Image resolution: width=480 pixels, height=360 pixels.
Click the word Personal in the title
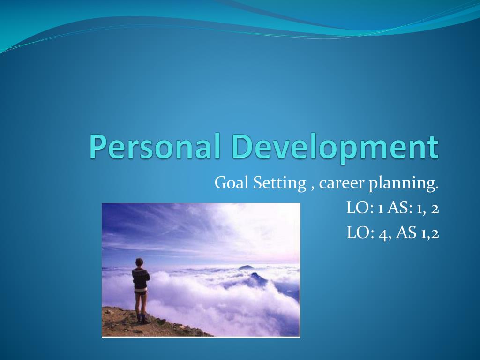(x=155, y=146)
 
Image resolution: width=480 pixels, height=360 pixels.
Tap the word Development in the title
(x=335, y=146)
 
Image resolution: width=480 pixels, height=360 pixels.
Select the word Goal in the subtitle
(x=231, y=183)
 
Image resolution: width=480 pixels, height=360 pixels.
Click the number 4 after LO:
(x=384, y=233)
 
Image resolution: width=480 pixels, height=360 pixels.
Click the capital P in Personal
(x=99, y=146)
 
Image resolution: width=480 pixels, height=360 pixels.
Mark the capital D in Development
(x=243, y=146)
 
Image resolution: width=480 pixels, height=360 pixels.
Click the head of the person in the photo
(x=139, y=262)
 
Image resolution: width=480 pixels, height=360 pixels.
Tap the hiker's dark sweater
(x=140, y=278)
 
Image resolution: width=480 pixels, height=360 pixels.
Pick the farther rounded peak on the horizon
(x=245, y=267)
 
